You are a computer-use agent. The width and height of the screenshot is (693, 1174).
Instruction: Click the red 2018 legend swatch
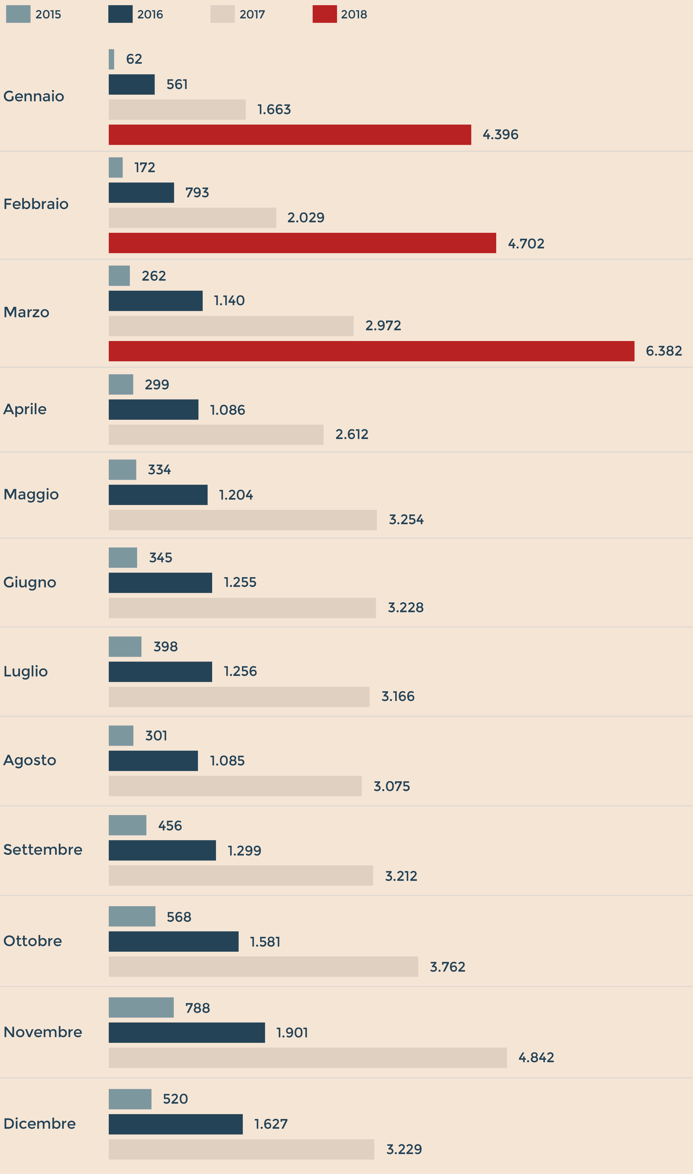324,14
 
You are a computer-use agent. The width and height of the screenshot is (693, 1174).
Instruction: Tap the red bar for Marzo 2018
371,351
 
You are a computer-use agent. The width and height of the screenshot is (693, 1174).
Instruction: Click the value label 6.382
664,351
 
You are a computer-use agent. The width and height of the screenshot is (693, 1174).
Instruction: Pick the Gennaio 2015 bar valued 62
111,59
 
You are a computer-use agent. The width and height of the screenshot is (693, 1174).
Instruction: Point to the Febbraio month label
36,204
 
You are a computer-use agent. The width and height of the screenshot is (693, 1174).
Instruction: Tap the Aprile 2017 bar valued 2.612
216,435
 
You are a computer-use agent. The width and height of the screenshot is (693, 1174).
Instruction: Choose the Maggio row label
31,494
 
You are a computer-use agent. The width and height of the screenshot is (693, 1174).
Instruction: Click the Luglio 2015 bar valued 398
125,646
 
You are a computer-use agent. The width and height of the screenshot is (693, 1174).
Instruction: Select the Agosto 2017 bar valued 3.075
235,786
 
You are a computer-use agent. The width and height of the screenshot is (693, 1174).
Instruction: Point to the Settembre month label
42,850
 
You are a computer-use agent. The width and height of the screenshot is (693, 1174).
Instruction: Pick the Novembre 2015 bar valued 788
141,1008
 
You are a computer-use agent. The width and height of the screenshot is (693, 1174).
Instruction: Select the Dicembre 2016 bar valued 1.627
176,1124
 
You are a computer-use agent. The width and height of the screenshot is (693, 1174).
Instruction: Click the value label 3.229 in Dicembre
404,1149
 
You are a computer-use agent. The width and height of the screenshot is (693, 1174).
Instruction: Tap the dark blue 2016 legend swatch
120,14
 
